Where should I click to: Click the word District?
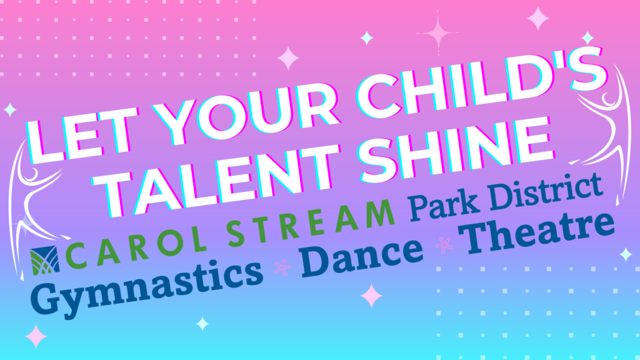(x=546, y=189)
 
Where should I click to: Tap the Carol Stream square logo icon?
(x=44, y=260)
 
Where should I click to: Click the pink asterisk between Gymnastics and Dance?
(x=282, y=267)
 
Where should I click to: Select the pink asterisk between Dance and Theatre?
(x=444, y=245)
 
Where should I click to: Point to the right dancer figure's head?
(x=608, y=98)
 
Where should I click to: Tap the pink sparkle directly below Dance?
(x=371, y=296)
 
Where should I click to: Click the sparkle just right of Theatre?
(x=626, y=254)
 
